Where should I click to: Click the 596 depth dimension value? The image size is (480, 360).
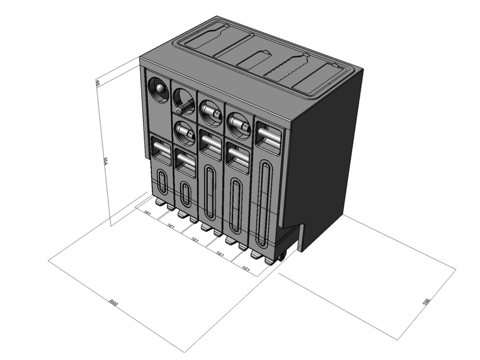426,302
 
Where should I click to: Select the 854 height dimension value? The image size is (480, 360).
105,161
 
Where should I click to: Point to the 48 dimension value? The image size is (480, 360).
97,83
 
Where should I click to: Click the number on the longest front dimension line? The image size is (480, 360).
113,303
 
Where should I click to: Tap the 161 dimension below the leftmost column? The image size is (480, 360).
148,214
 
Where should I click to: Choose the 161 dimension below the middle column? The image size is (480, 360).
195,240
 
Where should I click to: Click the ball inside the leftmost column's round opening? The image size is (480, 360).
159,89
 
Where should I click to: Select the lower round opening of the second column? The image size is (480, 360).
185,133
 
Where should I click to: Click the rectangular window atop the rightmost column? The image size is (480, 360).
269,135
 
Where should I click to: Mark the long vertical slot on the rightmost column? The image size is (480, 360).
265,203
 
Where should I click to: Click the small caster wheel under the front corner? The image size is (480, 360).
281,256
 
